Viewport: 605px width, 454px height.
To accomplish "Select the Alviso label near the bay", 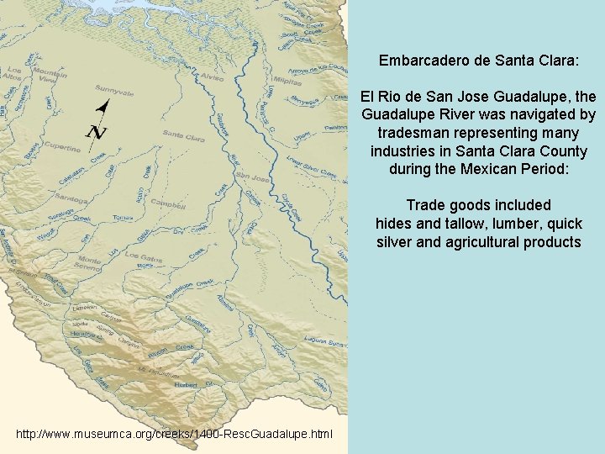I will tap(212, 77).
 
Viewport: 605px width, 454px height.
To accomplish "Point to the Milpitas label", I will tap(287, 84).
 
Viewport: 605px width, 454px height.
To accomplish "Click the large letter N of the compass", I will tap(97, 132).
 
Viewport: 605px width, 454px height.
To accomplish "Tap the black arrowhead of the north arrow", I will tap(104, 106).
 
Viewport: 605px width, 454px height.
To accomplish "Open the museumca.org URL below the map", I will tap(174, 435).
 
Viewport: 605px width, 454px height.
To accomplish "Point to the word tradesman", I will tap(416, 133).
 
